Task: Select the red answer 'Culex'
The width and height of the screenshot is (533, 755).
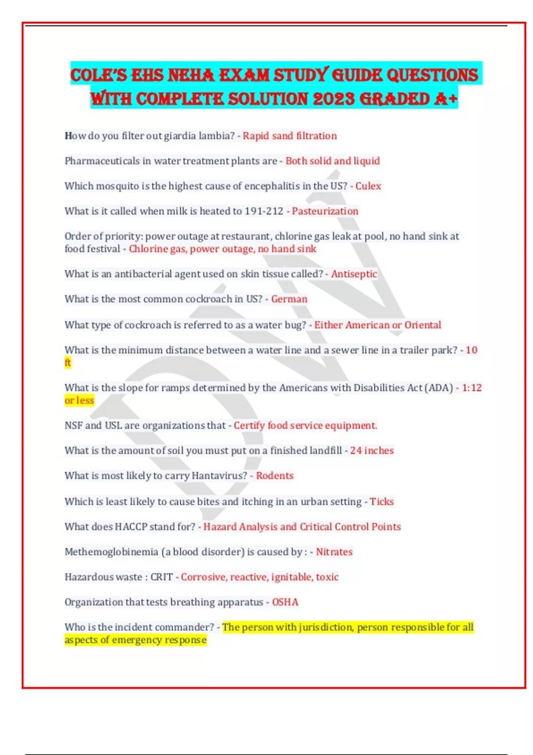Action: point(368,186)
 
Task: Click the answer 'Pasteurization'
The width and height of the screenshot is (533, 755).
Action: point(325,211)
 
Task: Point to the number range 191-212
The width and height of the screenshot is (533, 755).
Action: point(264,211)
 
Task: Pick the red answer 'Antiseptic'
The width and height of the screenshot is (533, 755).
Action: point(354,274)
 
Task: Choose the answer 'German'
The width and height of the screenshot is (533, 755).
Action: point(289,299)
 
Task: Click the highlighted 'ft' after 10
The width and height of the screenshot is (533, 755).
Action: point(68,362)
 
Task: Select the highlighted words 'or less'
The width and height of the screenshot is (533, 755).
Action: point(80,400)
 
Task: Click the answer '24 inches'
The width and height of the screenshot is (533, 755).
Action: point(372,450)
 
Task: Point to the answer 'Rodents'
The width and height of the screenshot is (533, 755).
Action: point(274,476)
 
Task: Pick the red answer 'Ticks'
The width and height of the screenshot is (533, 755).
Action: point(382,501)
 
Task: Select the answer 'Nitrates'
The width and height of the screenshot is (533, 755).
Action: point(334,552)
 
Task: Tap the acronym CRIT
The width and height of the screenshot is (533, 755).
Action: point(161,577)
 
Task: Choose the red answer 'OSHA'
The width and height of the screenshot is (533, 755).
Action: point(285,602)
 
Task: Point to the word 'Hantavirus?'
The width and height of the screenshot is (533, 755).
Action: point(219,476)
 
